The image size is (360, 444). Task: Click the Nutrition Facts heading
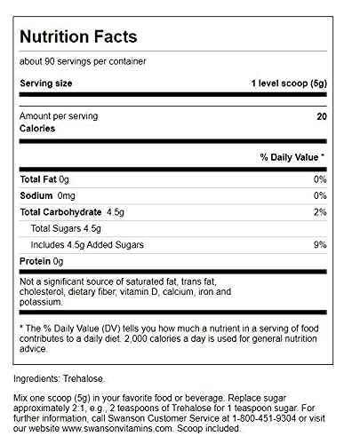click(x=79, y=38)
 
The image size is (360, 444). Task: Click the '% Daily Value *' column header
click(x=292, y=157)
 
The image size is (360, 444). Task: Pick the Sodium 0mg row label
click(x=48, y=195)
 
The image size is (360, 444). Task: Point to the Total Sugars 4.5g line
click(x=72, y=228)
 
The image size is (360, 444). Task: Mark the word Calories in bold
click(x=38, y=128)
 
